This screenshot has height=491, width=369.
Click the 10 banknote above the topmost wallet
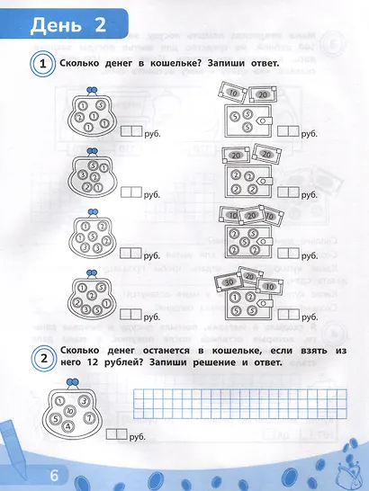pos(232,94)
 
